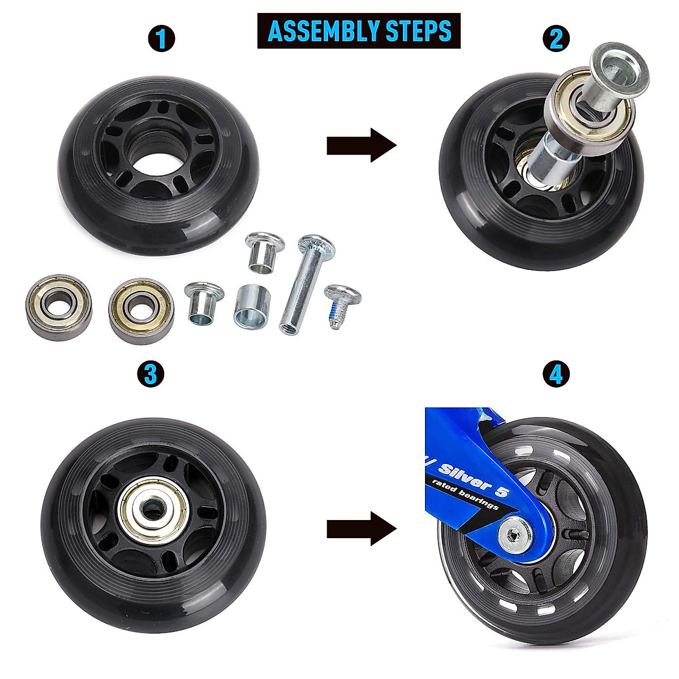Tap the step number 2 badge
point(556,39)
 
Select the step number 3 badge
point(151,374)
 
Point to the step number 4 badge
point(556,374)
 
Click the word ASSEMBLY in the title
point(316,31)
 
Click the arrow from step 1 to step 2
point(361,145)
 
